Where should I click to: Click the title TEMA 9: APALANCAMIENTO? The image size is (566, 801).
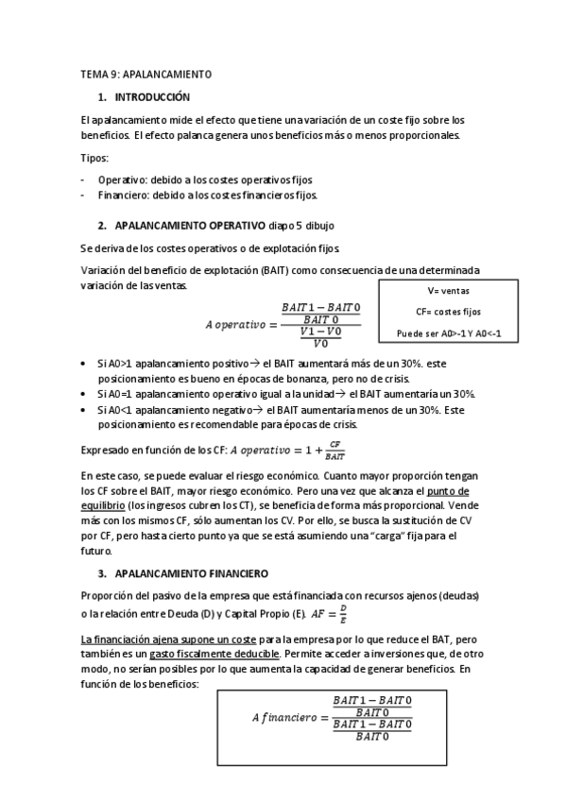point(146,73)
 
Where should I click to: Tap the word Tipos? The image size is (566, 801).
point(94,158)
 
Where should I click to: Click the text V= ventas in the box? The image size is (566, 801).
point(448,291)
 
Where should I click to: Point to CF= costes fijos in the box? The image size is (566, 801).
point(448,311)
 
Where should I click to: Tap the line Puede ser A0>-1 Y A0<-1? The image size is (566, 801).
point(448,332)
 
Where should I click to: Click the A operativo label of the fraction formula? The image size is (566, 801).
point(236,326)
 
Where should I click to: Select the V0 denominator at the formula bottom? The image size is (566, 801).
point(320,344)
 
